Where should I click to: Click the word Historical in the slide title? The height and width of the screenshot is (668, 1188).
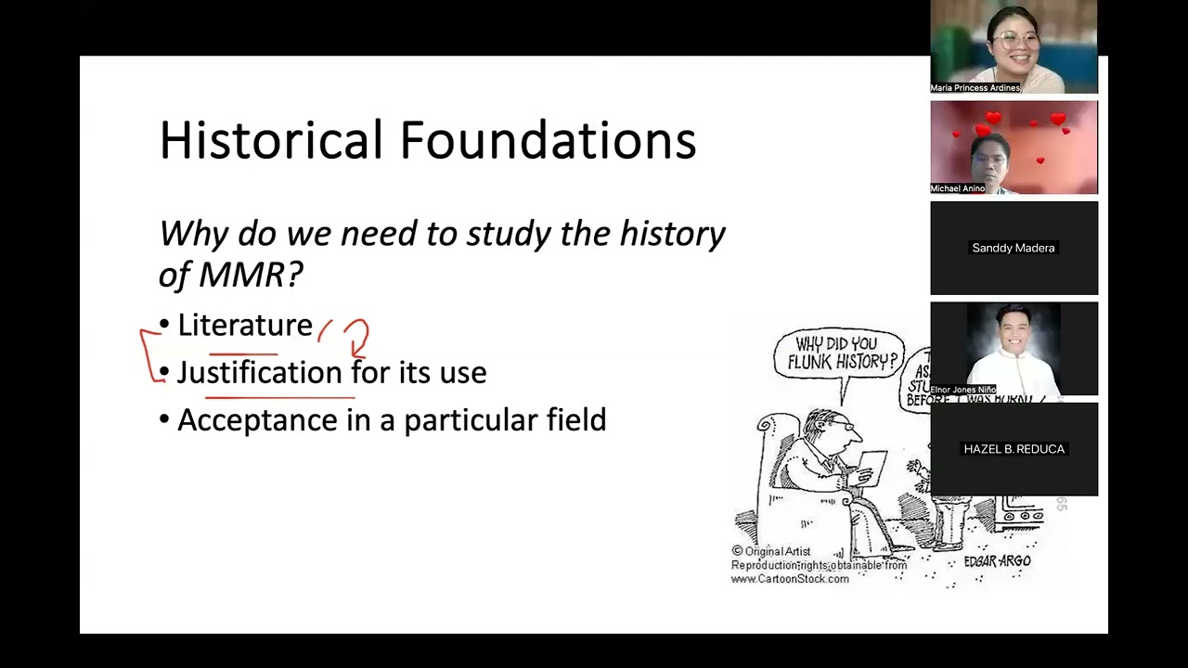(271, 141)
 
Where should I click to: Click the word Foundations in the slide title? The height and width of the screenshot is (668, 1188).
(548, 141)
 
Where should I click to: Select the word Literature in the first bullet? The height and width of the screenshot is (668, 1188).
(245, 326)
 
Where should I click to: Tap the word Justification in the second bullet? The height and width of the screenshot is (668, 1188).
(260, 373)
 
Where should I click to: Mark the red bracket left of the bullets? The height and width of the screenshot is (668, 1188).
(148, 353)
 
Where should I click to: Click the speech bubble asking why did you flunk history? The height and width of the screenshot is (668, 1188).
(839, 353)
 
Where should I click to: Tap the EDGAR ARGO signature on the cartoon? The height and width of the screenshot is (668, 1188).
(997, 561)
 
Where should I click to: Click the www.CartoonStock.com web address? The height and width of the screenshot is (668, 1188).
(790, 579)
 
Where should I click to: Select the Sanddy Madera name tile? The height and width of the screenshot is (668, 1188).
(1014, 248)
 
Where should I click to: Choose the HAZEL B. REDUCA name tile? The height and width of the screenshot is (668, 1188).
(1014, 449)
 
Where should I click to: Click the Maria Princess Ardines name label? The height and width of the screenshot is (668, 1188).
(975, 88)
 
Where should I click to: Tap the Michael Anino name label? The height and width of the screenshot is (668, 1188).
(958, 188)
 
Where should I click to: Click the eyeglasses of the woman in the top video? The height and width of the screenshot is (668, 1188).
(1006, 40)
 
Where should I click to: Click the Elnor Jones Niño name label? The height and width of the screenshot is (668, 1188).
(962, 390)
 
